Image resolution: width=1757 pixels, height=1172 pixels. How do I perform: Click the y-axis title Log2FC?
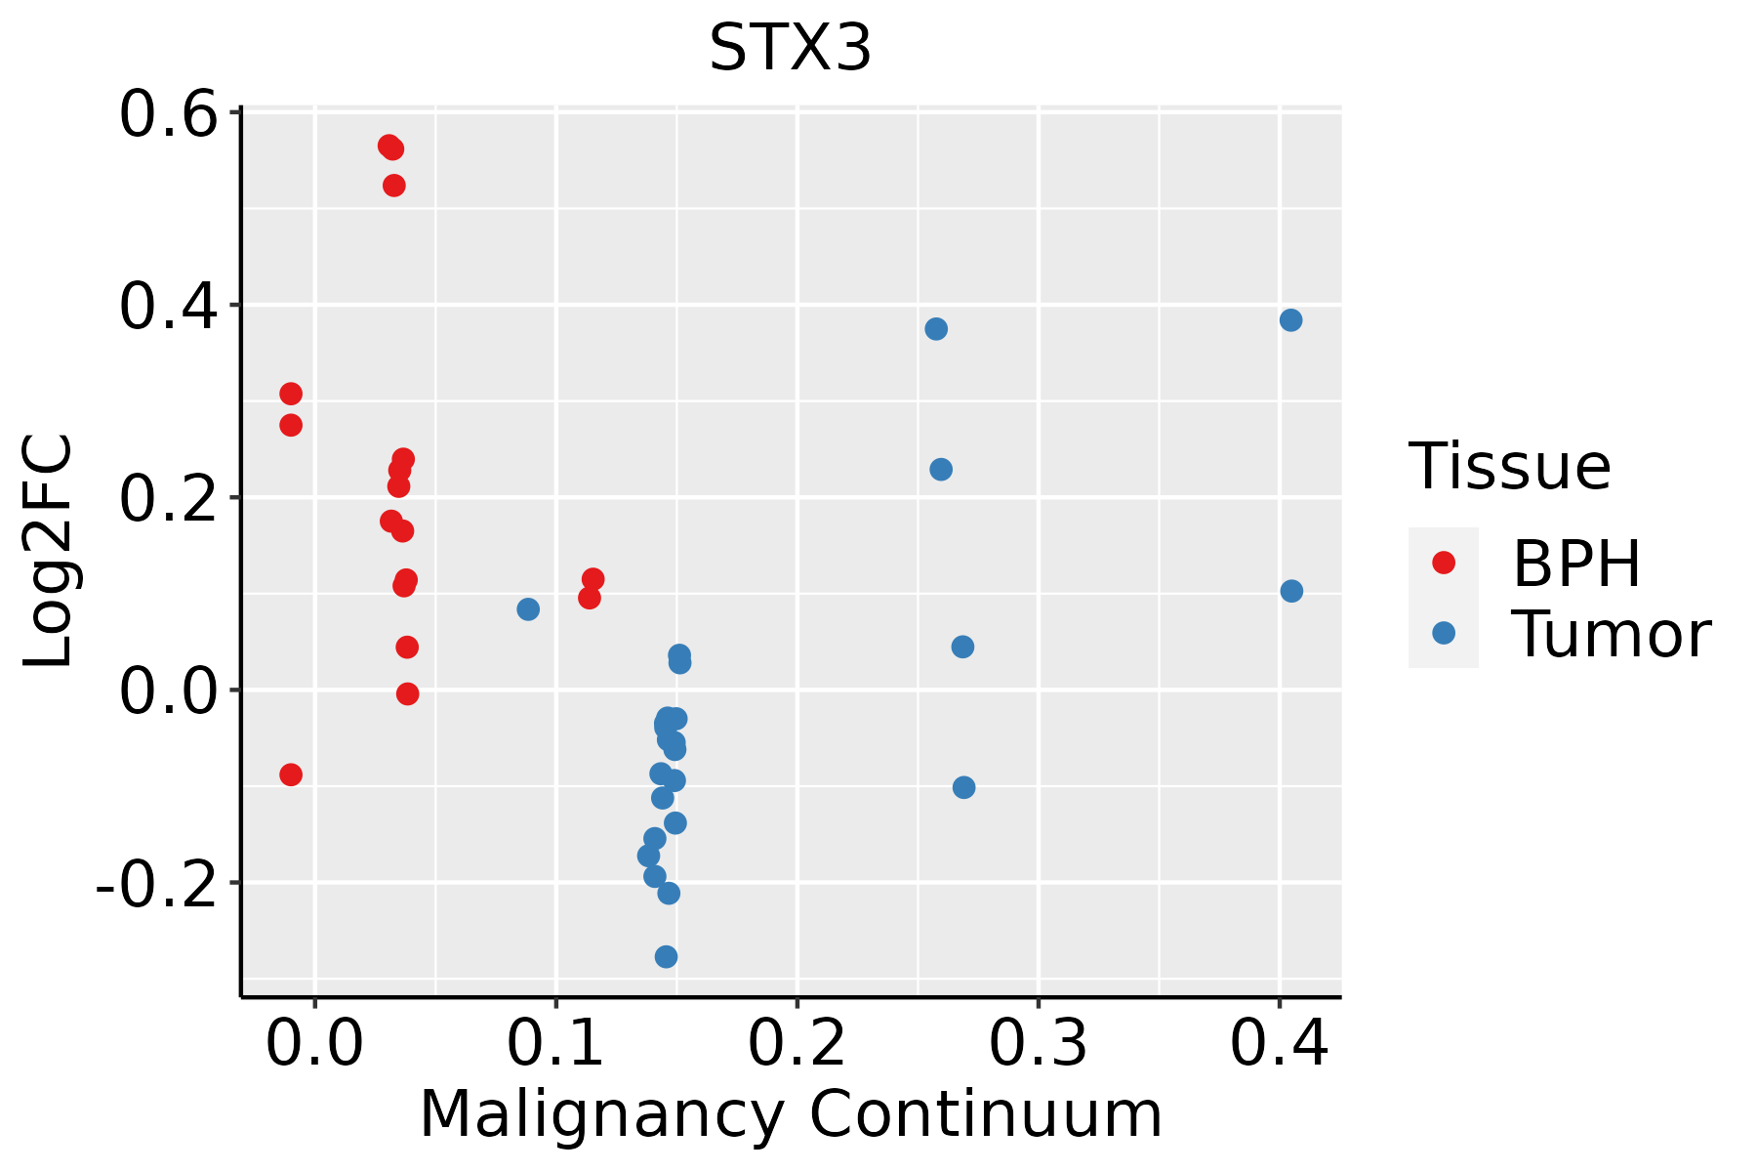click(49, 552)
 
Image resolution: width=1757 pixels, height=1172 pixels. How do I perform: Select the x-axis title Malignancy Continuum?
click(791, 1114)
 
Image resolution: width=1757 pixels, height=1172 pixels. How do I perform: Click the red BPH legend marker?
click(1443, 562)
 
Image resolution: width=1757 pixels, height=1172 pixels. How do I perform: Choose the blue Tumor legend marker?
click(1443, 633)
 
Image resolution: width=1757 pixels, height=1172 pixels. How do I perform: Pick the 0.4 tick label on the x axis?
click(1279, 1044)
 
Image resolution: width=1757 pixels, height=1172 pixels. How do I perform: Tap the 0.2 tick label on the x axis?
click(797, 1044)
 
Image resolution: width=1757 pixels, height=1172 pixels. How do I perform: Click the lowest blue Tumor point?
click(666, 956)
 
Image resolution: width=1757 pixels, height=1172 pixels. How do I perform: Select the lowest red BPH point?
click(291, 774)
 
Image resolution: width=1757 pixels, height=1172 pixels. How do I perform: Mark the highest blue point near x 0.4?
click(1290, 320)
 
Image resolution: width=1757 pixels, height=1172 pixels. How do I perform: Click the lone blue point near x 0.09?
click(528, 609)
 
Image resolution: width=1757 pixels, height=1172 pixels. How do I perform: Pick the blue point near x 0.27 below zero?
click(963, 787)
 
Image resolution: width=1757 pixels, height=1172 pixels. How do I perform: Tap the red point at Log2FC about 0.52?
click(393, 186)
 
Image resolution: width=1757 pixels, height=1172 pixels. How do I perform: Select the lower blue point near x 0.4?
click(1291, 591)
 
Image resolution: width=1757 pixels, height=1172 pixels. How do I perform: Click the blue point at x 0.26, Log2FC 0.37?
click(936, 329)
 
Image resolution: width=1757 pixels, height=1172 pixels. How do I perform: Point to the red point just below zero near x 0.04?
click(407, 693)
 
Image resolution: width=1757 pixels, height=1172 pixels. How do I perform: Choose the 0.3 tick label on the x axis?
click(1038, 1044)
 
